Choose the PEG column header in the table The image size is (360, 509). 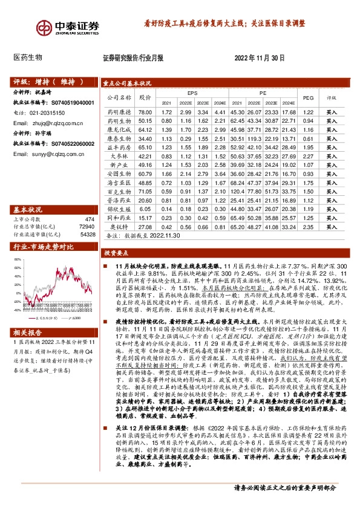[307, 97]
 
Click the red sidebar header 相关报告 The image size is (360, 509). [27, 332]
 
